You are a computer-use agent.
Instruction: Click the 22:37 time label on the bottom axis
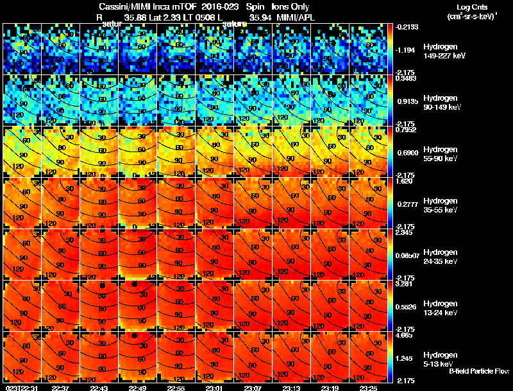60,387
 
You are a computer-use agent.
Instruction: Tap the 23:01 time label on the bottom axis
214,387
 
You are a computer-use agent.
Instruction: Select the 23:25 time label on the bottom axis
368,387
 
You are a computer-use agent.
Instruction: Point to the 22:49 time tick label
137,387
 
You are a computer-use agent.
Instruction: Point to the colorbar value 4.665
405,335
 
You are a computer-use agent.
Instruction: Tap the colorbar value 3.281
405,283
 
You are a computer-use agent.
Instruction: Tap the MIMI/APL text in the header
294,17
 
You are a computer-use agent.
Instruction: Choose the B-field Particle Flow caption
479,370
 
